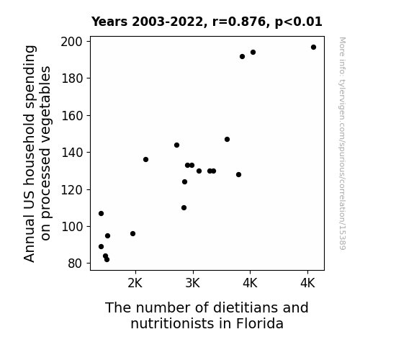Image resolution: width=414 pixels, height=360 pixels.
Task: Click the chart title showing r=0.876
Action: (x=207, y=22)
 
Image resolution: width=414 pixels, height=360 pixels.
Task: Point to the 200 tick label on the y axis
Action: (x=71, y=42)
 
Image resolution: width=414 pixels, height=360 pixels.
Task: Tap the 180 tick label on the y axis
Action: (x=71, y=78)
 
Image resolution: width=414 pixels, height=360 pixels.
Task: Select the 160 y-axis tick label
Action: (x=71, y=116)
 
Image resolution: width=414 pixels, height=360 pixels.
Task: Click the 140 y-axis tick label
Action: (x=71, y=153)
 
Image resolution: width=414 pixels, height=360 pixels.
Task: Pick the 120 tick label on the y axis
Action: (x=71, y=189)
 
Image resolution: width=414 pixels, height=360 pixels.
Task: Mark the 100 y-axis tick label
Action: (x=71, y=227)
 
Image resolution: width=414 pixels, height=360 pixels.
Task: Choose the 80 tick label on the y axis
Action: (x=75, y=264)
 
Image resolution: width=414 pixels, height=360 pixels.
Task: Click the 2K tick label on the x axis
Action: (x=135, y=283)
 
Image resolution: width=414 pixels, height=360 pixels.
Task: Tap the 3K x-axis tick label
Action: (x=193, y=283)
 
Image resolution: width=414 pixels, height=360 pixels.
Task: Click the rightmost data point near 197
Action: (x=313, y=48)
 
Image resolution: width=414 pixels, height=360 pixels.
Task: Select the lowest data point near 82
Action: (x=107, y=260)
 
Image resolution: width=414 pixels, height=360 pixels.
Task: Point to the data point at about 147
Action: (x=227, y=139)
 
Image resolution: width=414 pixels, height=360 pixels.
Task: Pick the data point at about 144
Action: (x=176, y=145)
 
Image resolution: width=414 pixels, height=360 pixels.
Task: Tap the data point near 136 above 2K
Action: (x=145, y=160)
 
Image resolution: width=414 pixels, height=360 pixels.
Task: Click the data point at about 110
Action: (x=184, y=208)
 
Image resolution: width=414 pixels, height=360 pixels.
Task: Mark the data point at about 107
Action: (x=101, y=213)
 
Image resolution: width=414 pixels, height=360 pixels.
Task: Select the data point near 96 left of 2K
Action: (x=132, y=234)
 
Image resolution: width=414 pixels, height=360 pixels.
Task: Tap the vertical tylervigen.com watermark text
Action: (x=342, y=143)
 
